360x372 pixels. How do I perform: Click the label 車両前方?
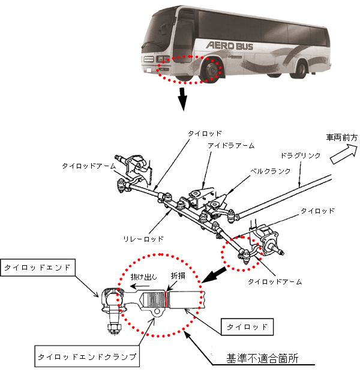[x=341, y=137]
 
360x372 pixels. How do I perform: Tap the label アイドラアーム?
[x=231, y=145]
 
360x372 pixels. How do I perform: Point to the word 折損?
[x=179, y=275]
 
